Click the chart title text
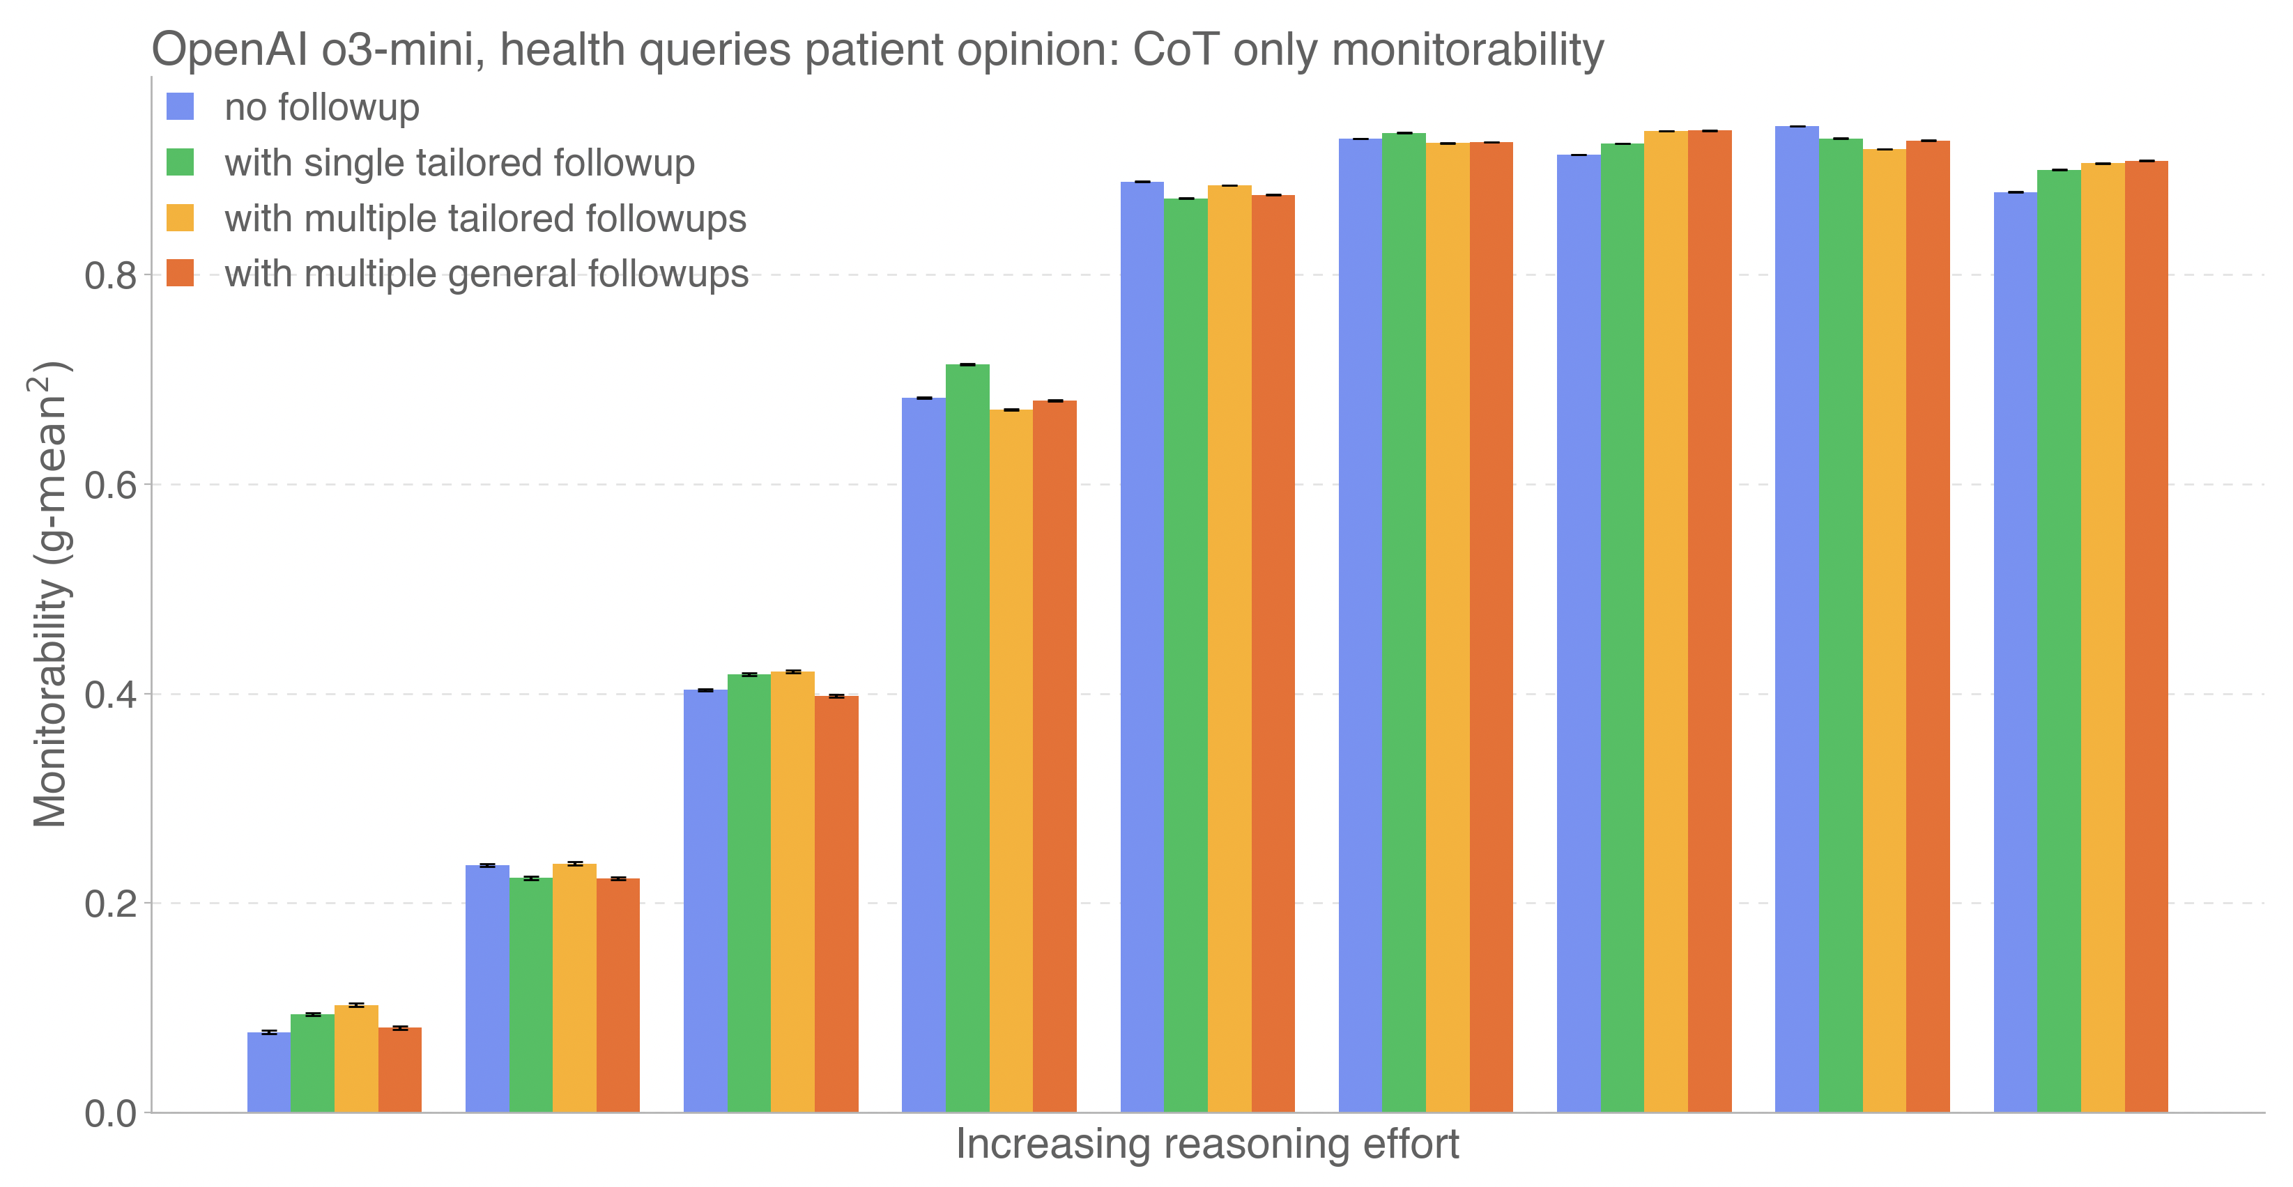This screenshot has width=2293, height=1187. click(x=877, y=50)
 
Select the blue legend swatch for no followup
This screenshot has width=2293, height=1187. click(x=180, y=107)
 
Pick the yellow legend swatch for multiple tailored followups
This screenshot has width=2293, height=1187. click(x=180, y=218)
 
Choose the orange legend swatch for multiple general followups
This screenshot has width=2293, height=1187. click(x=180, y=273)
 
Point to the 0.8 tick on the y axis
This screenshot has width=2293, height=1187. click(x=110, y=276)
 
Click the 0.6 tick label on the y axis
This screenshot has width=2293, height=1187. click(x=110, y=486)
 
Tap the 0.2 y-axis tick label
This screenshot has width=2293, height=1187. click(x=110, y=904)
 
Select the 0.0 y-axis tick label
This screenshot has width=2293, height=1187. click(x=110, y=1114)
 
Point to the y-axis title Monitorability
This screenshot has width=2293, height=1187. click(x=50, y=593)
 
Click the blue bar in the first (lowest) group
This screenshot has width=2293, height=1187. click(x=269, y=1072)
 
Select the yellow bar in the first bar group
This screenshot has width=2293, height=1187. click(x=356, y=1059)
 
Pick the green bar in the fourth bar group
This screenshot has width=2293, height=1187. click(x=967, y=738)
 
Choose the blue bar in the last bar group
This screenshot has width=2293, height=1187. click(x=2016, y=652)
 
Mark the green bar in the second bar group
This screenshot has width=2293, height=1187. click(x=530, y=995)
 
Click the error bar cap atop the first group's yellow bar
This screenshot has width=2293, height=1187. click(x=356, y=1004)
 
